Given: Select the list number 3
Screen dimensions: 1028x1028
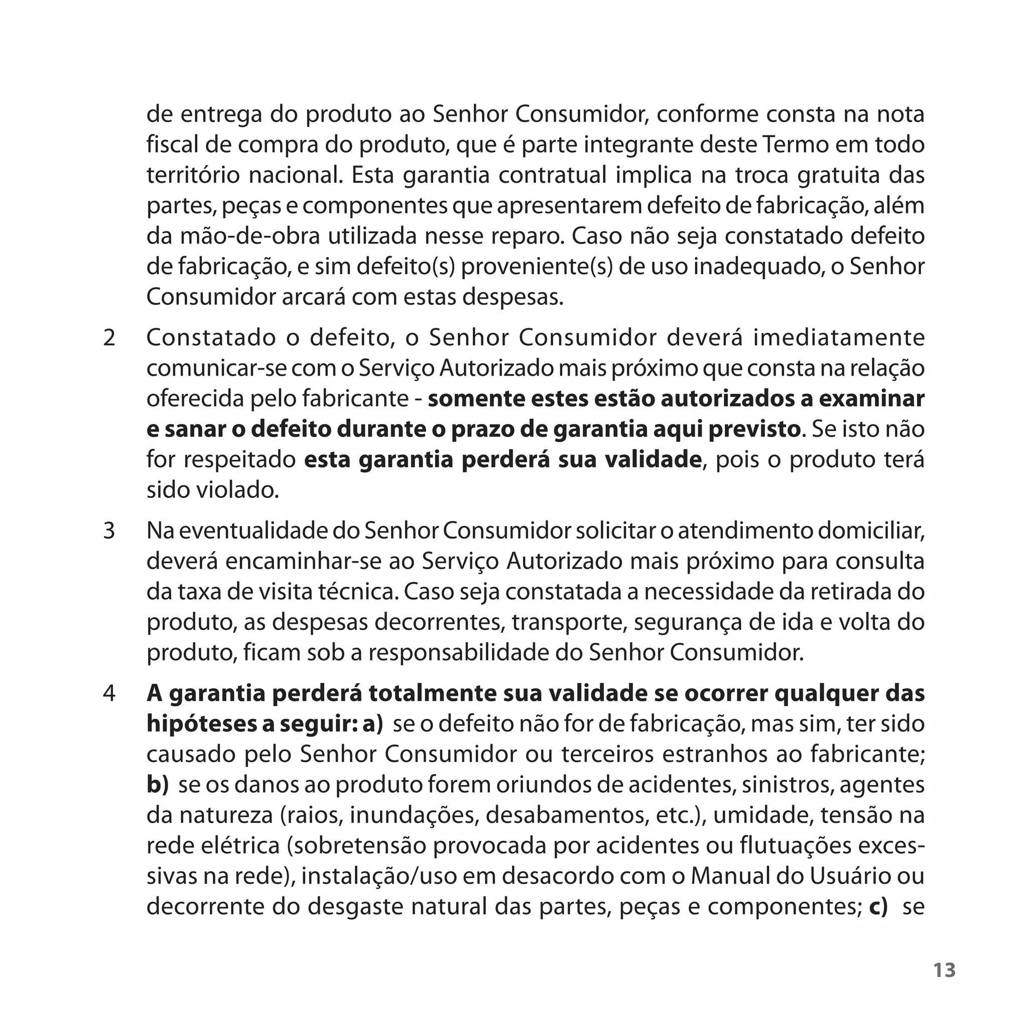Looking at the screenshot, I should coord(109,531).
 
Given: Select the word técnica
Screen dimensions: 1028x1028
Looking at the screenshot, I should coord(364,592).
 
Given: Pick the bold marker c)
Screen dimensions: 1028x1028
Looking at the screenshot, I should coord(878,907).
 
